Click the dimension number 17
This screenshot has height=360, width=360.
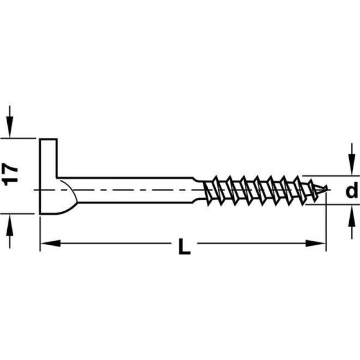click(11, 175)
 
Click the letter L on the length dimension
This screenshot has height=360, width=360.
click(184, 247)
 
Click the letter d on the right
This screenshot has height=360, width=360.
click(352, 190)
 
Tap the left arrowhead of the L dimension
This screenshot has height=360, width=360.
click(50, 243)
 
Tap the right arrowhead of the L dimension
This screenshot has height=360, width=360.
click(316, 243)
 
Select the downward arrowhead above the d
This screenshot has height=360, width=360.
click(351, 164)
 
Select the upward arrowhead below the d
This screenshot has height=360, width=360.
click(351, 217)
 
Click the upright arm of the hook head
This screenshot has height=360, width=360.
click(48, 158)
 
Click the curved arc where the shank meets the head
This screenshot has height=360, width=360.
click(69, 197)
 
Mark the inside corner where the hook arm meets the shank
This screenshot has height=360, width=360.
click(57, 178)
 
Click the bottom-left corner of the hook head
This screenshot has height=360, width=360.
click(40, 214)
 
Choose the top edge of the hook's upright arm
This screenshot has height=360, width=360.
click(48, 139)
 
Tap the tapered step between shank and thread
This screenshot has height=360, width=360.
click(199, 190)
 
